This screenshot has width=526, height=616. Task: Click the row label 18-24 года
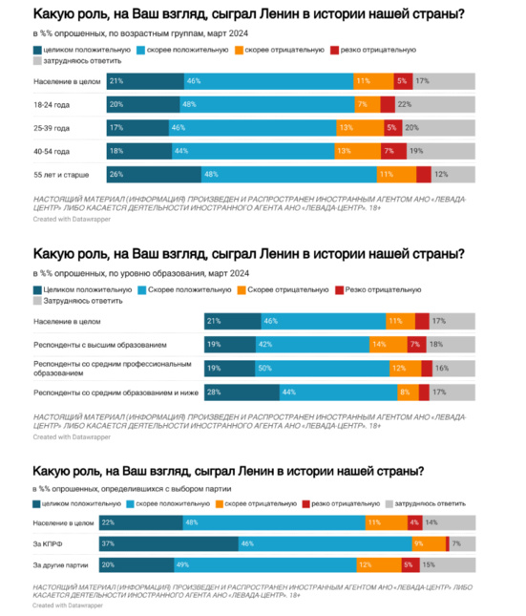pyautogui.click(x=52, y=103)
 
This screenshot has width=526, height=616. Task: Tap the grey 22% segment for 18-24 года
pyautogui.click(x=419, y=103)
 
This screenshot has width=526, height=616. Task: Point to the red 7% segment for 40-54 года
pyautogui.click(x=388, y=150)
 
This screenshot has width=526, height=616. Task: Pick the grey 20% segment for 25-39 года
pyautogui.click(x=421, y=127)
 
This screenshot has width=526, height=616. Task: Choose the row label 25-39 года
pyautogui.click(x=52, y=127)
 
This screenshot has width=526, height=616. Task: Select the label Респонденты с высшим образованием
pyautogui.click(x=100, y=344)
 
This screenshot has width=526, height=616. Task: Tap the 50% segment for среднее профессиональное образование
pyautogui.click(x=325, y=368)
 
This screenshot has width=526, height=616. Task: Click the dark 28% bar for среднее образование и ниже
pyautogui.click(x=242, y=392)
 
